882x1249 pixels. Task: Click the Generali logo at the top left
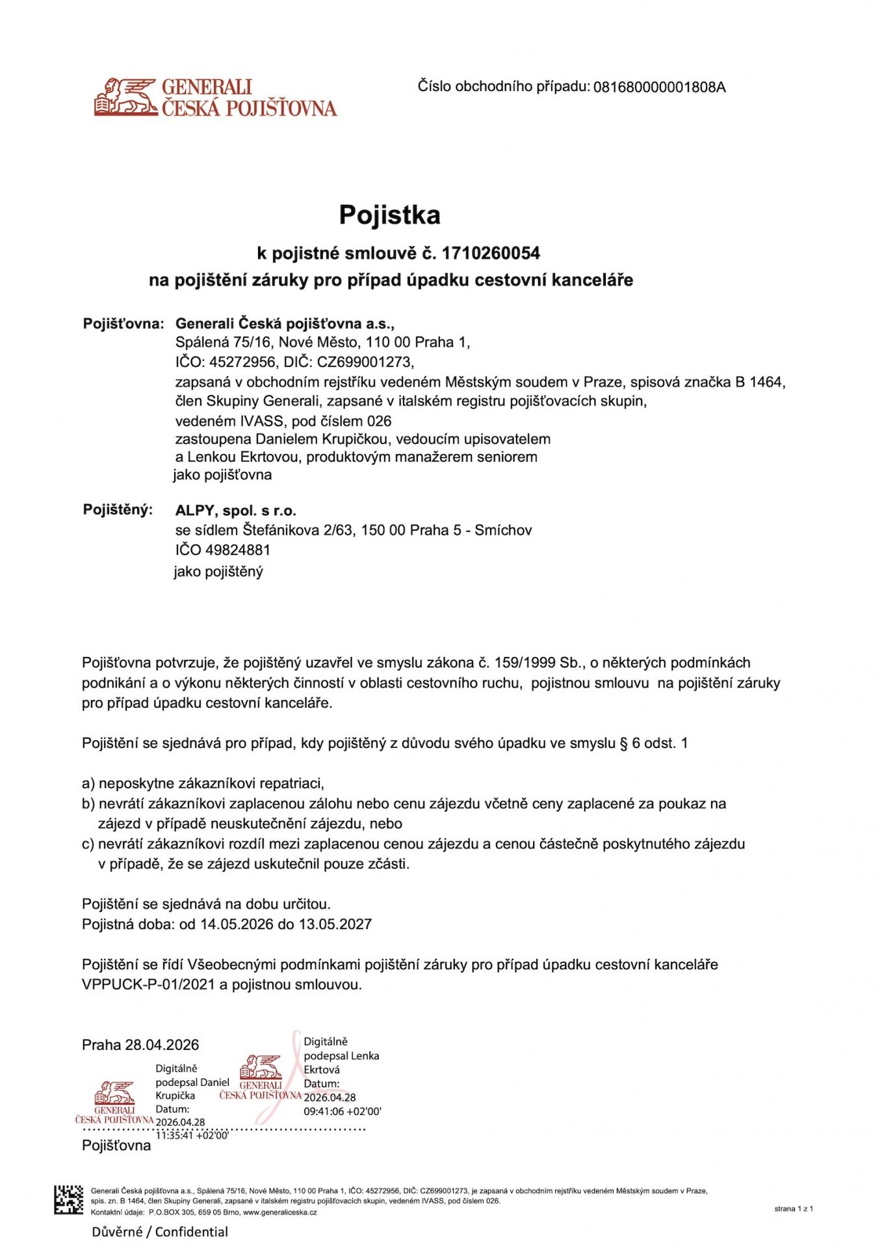[214, 98]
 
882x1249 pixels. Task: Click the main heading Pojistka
[389, 215]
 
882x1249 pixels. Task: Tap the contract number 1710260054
[491, 253]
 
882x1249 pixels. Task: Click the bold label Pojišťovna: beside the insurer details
[123, 323]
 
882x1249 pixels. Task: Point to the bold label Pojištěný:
[118, 509]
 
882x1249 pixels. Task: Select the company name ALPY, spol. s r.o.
[235, 511]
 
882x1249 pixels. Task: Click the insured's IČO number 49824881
[237, 550]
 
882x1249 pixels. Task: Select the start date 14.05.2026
[237, 924]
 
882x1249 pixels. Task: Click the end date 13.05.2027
[335, 924]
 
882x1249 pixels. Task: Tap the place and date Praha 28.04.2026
[140, 1045]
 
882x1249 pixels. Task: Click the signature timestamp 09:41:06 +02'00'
[343, 1111]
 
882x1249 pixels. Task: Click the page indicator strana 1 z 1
[793, 1209]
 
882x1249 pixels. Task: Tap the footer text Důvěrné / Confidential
[160, 1231]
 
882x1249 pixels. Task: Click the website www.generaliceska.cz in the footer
[280, 1212]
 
